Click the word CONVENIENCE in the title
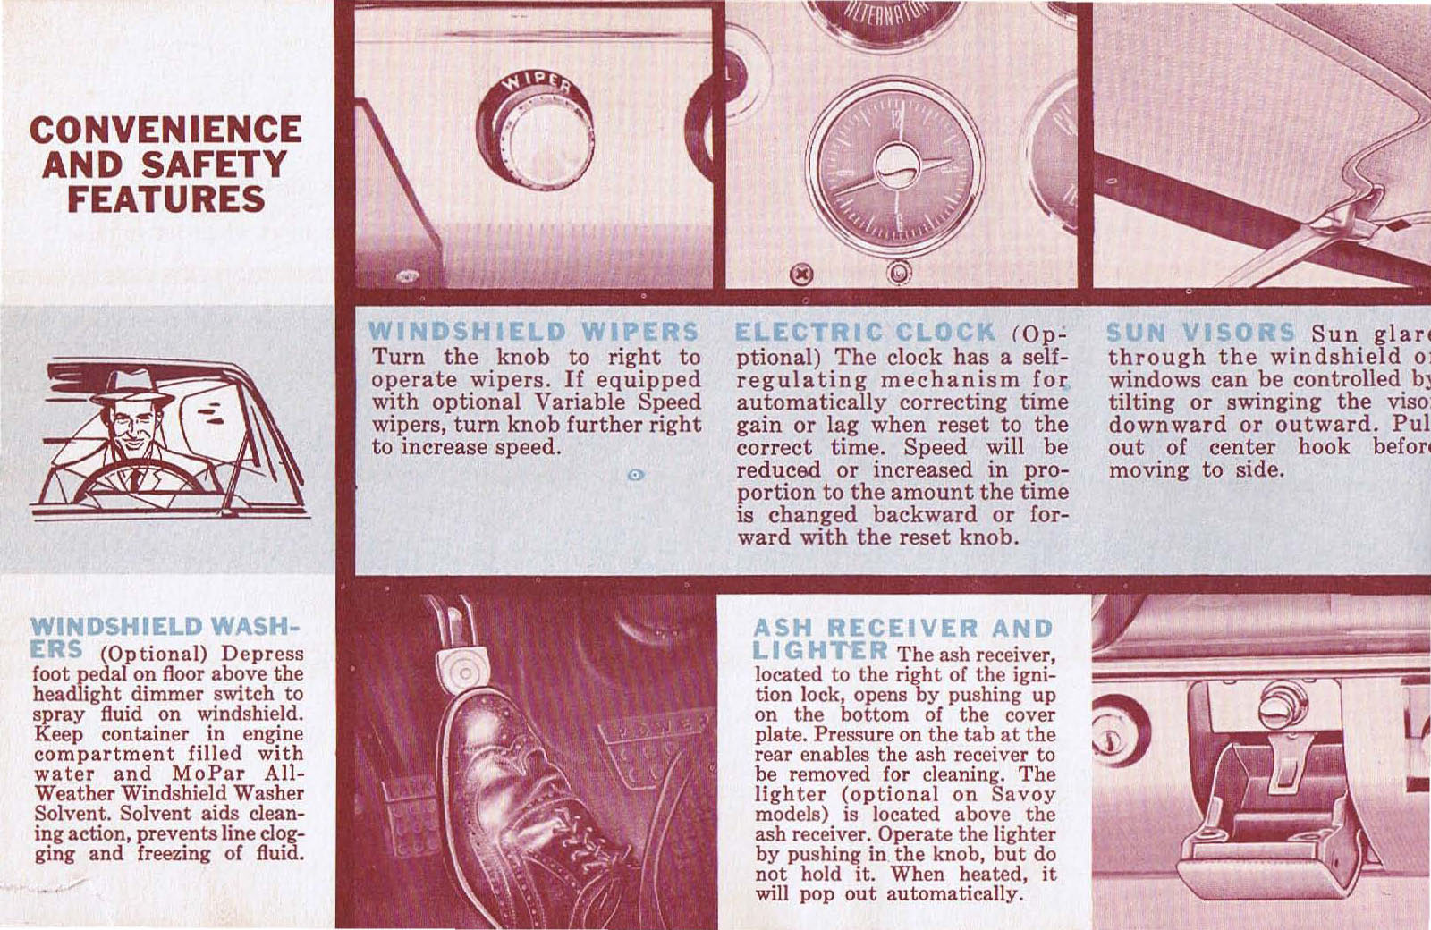point(165,129)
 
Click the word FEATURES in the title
point(166,199)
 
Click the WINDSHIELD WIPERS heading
point(534,331)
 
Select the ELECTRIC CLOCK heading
point(864,333)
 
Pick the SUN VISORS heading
point(1200,333)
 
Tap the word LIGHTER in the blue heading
point(821,651)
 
